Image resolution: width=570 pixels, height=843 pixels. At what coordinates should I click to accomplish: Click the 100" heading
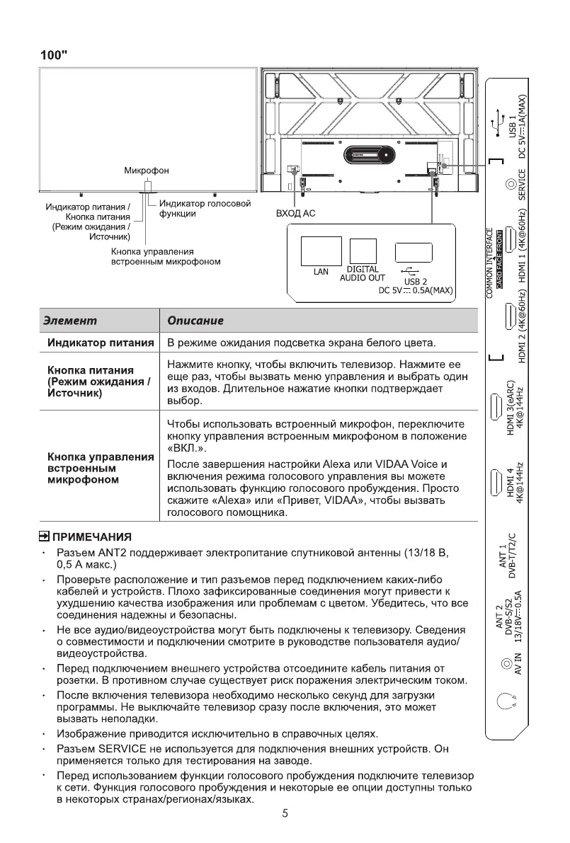(x=54, y=55)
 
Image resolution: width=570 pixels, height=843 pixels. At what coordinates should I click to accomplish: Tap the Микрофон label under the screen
(x=147, y=171)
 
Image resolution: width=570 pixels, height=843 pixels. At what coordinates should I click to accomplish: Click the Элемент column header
(x=70, y=321)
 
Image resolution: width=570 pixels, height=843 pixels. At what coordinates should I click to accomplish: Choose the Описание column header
(x=195, y=321)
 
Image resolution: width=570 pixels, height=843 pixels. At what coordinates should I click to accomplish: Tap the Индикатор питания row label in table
(x=101, y=343)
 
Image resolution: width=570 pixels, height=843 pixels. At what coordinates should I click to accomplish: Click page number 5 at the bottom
(x=285, y=813)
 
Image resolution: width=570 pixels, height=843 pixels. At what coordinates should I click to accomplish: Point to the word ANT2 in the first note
(x=115, y=552)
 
